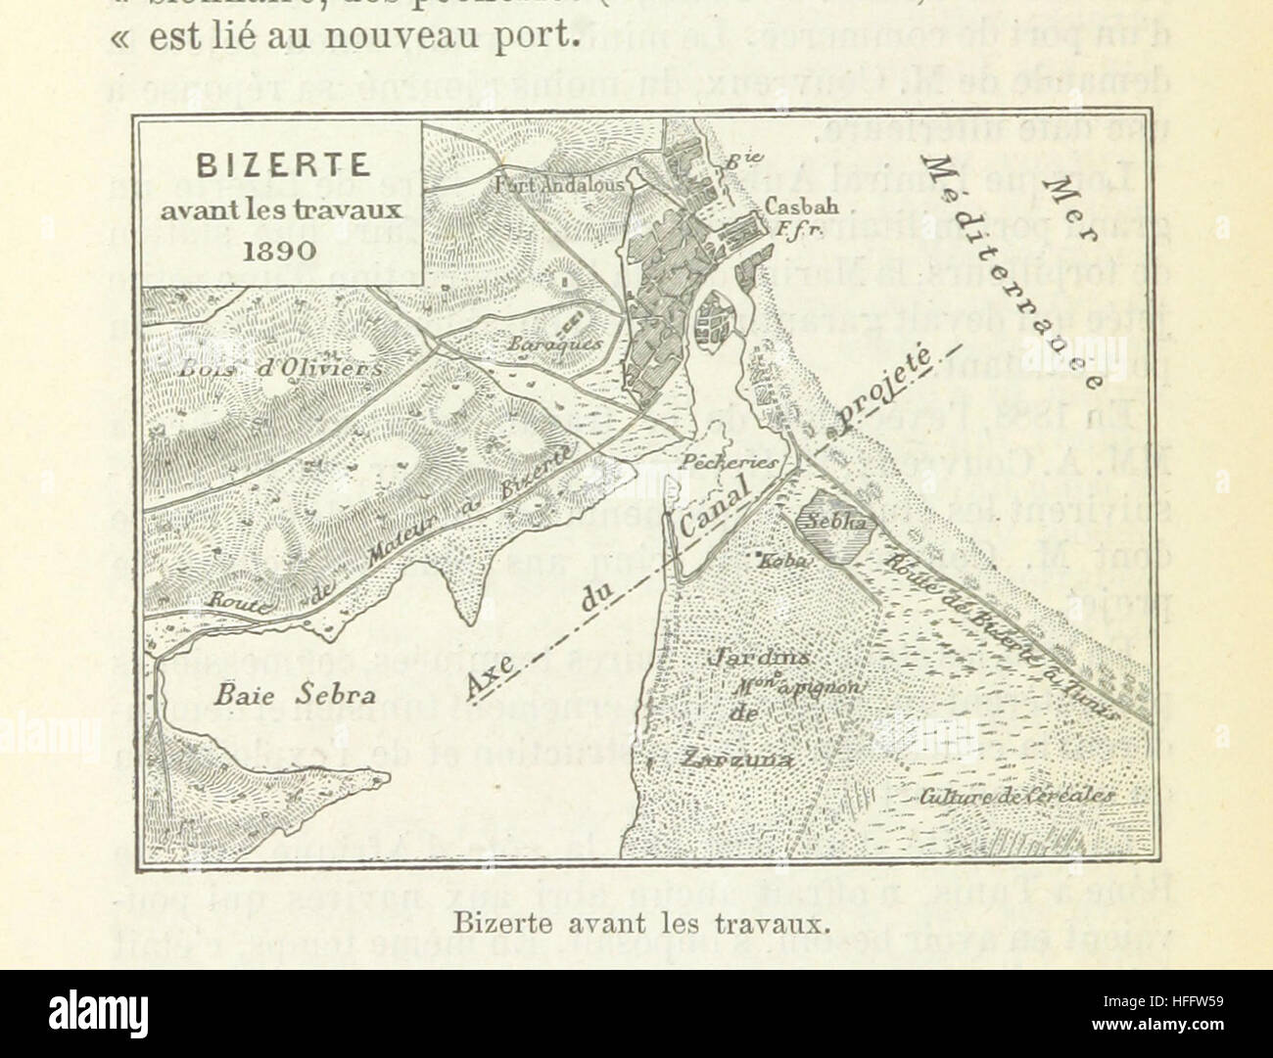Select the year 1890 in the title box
[281, 249]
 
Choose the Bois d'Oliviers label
[281, 368]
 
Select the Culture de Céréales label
[1014, 797]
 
